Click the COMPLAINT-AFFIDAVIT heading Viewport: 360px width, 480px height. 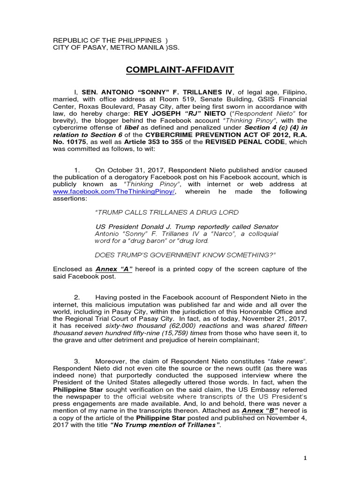(180, 70)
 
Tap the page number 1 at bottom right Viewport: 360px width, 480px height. (305, 458)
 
